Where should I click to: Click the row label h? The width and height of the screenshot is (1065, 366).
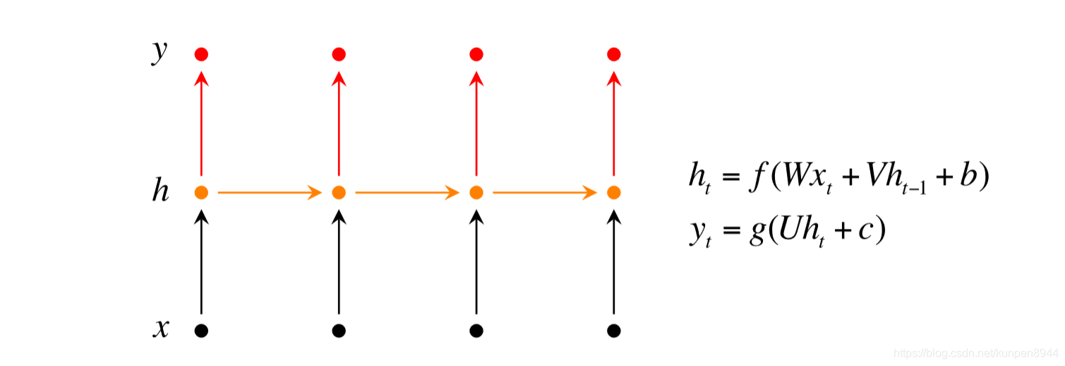point(161,191)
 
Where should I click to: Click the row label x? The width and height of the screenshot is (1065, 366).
point(161,329)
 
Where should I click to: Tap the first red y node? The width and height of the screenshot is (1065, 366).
point(201,54)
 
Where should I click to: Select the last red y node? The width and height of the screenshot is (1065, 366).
point(614,54)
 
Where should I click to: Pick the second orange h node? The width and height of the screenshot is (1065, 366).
point(339,191)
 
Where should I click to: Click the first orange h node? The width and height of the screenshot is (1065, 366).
point(201,191)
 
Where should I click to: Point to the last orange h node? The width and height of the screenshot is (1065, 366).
point(614,191)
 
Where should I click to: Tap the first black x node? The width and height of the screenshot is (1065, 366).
point(201,329)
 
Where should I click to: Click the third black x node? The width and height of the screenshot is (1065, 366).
point(476,329)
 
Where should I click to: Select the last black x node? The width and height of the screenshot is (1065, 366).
point(614,329)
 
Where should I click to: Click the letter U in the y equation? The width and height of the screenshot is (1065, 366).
point(783,231)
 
